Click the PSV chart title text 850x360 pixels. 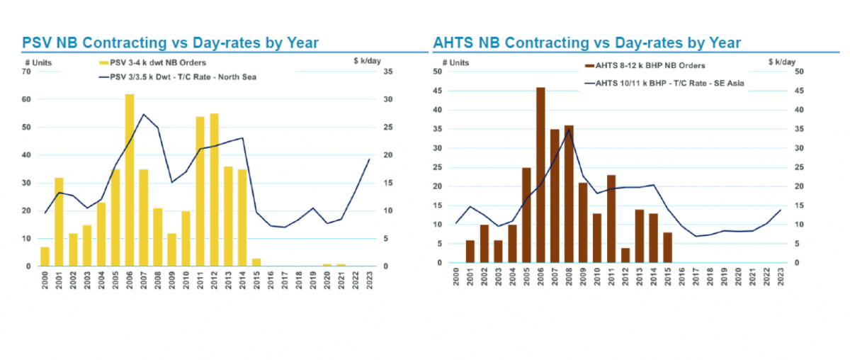[170, 43]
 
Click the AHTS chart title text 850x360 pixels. [587, 43]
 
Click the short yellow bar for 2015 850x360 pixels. [256, 262]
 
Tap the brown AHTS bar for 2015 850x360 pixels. [668, 247]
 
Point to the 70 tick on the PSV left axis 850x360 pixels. [27, 72]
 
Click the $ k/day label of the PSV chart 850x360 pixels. [368, 62]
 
